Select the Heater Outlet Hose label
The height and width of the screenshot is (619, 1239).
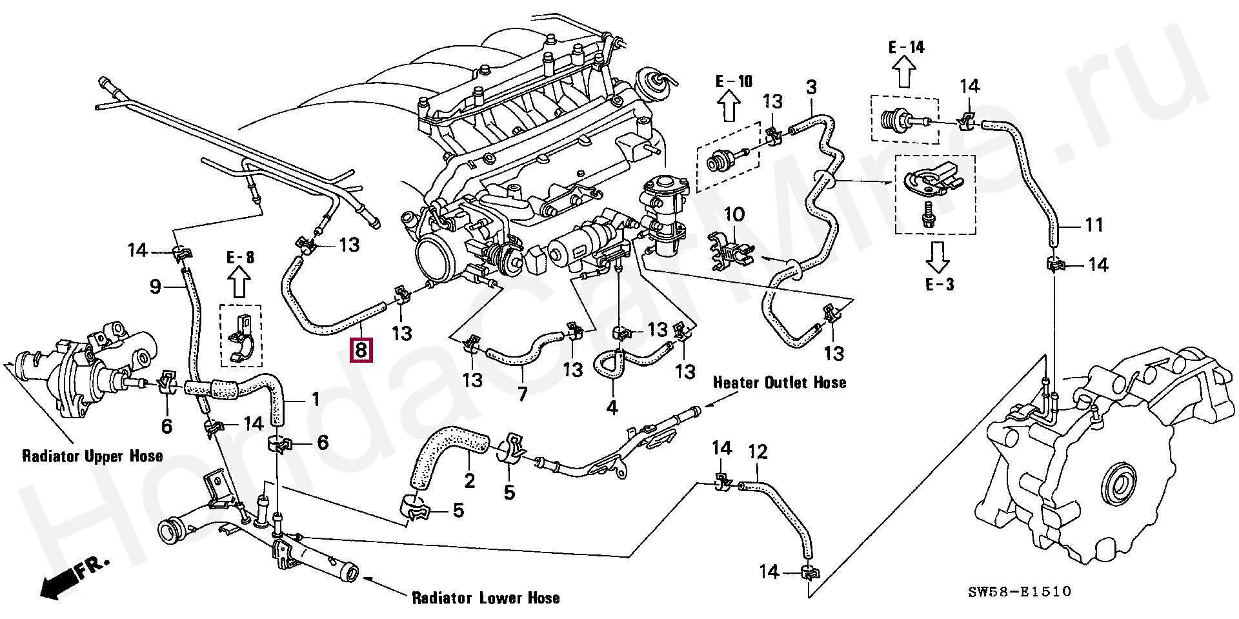coord(779,383)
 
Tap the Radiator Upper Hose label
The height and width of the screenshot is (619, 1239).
coord(92,456)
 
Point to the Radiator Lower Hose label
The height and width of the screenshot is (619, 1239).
coord(486,598)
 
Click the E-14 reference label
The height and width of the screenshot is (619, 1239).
coord(905,46)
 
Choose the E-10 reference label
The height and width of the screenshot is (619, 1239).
coord(734,81)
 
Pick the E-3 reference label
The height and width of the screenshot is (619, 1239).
coord(939,285)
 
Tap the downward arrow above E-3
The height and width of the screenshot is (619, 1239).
coord(938,258)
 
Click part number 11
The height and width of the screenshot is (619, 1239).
coord(1093,225)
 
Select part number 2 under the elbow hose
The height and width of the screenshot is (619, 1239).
coord(469,480)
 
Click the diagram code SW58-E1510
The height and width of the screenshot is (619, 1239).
coord(1019,591)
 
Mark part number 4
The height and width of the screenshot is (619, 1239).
coord(611,407)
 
